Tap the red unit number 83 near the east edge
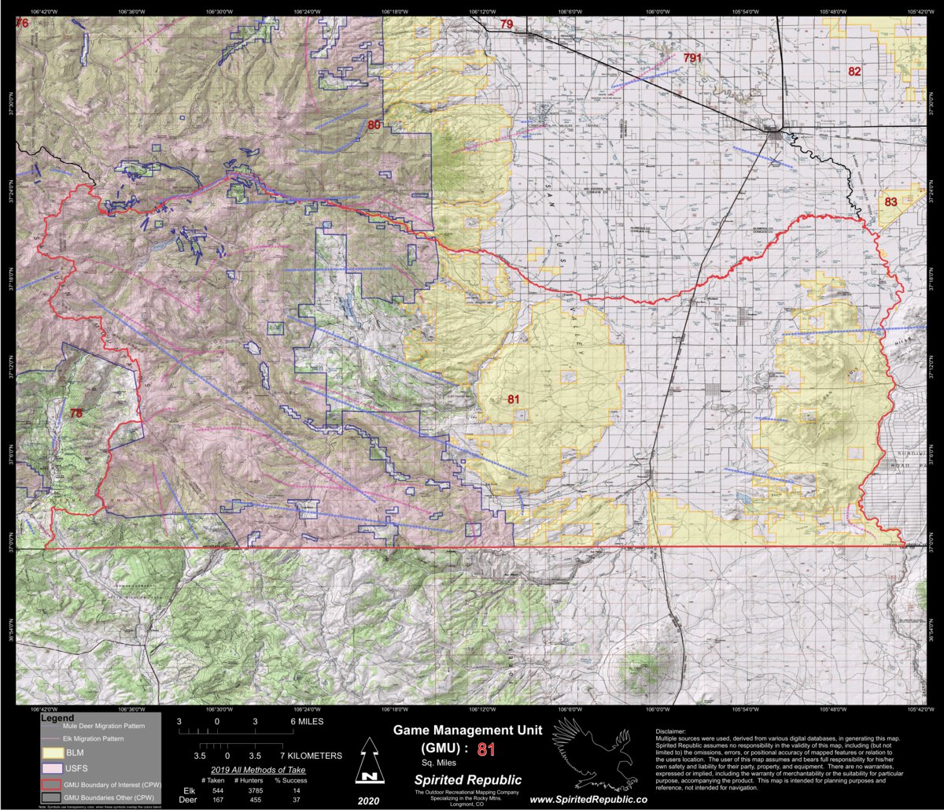click(891, 202)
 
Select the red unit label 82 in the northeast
click(854, 72)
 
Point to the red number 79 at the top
click(507, 24)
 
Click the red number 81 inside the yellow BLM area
click(513, 399)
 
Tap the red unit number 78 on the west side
click(76, 412)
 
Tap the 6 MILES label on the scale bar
click(306, 721)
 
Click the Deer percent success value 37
click(295, 800)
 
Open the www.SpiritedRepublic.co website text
click(588, 798)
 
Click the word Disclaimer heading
click(670, 731)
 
